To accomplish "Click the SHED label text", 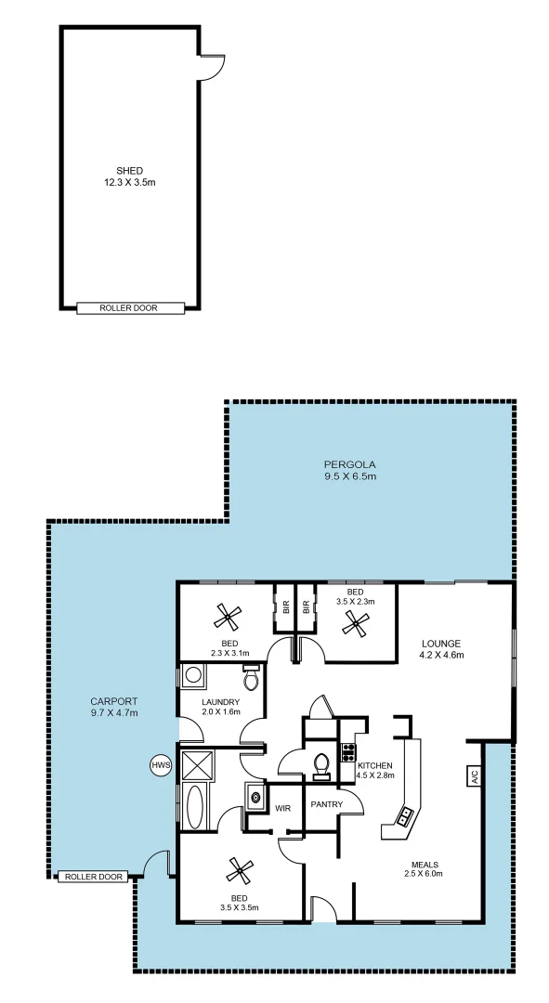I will [x=129, y=171].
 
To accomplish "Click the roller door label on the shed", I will [x=129, y=307].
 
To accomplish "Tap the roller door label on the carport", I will [x=91, y=876].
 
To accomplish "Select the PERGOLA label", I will [x=349, y=464].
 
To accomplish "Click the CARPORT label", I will [x=114, y=701].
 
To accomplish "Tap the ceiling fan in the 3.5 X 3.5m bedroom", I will [x=240, y=870].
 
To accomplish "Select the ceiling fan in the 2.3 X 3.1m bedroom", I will [x=227, y=615].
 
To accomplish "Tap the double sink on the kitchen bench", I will [x=406, y=815].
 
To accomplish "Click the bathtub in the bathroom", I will [x=194, y=807].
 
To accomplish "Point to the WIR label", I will [x=283, y=808].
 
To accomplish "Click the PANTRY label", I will [x=326, y=804].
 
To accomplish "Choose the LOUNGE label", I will [x=440, y=643].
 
